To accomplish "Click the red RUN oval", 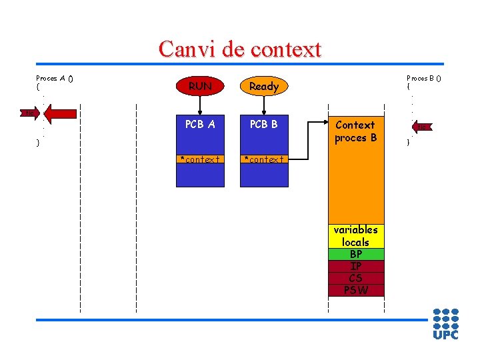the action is point(200,86).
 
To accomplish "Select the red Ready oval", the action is point(263,86).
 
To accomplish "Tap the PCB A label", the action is point(200,123).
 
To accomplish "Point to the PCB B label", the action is point(263,123).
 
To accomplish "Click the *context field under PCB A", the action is point(200,159).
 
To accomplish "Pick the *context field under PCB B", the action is point(264,159).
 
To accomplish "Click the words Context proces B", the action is point(355,131).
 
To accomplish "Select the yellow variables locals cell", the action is point(355,236).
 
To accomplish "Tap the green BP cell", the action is point(355,254).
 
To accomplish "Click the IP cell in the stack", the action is point(355,266).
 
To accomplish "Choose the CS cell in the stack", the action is point(355,278).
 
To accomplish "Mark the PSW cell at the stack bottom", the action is point(355,290).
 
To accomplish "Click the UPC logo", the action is point(445,324).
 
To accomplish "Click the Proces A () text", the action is point(54,78).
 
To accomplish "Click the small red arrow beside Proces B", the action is point(422,127).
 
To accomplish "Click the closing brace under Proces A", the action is point(38,142).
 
